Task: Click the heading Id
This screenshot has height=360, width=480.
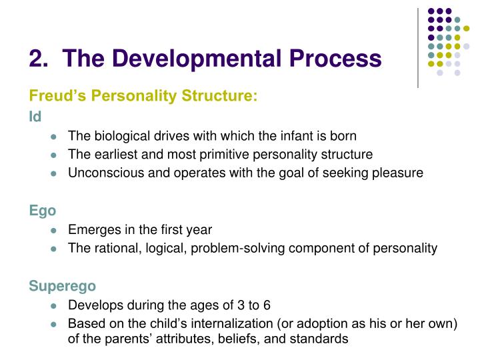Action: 35,117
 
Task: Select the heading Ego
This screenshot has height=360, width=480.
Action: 43,211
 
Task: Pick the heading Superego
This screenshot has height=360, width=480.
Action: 62,286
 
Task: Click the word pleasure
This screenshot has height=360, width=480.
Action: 397,173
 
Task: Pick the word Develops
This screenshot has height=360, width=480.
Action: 93,305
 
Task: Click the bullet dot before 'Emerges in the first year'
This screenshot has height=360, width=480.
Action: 54,231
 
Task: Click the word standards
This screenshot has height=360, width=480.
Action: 323,339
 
